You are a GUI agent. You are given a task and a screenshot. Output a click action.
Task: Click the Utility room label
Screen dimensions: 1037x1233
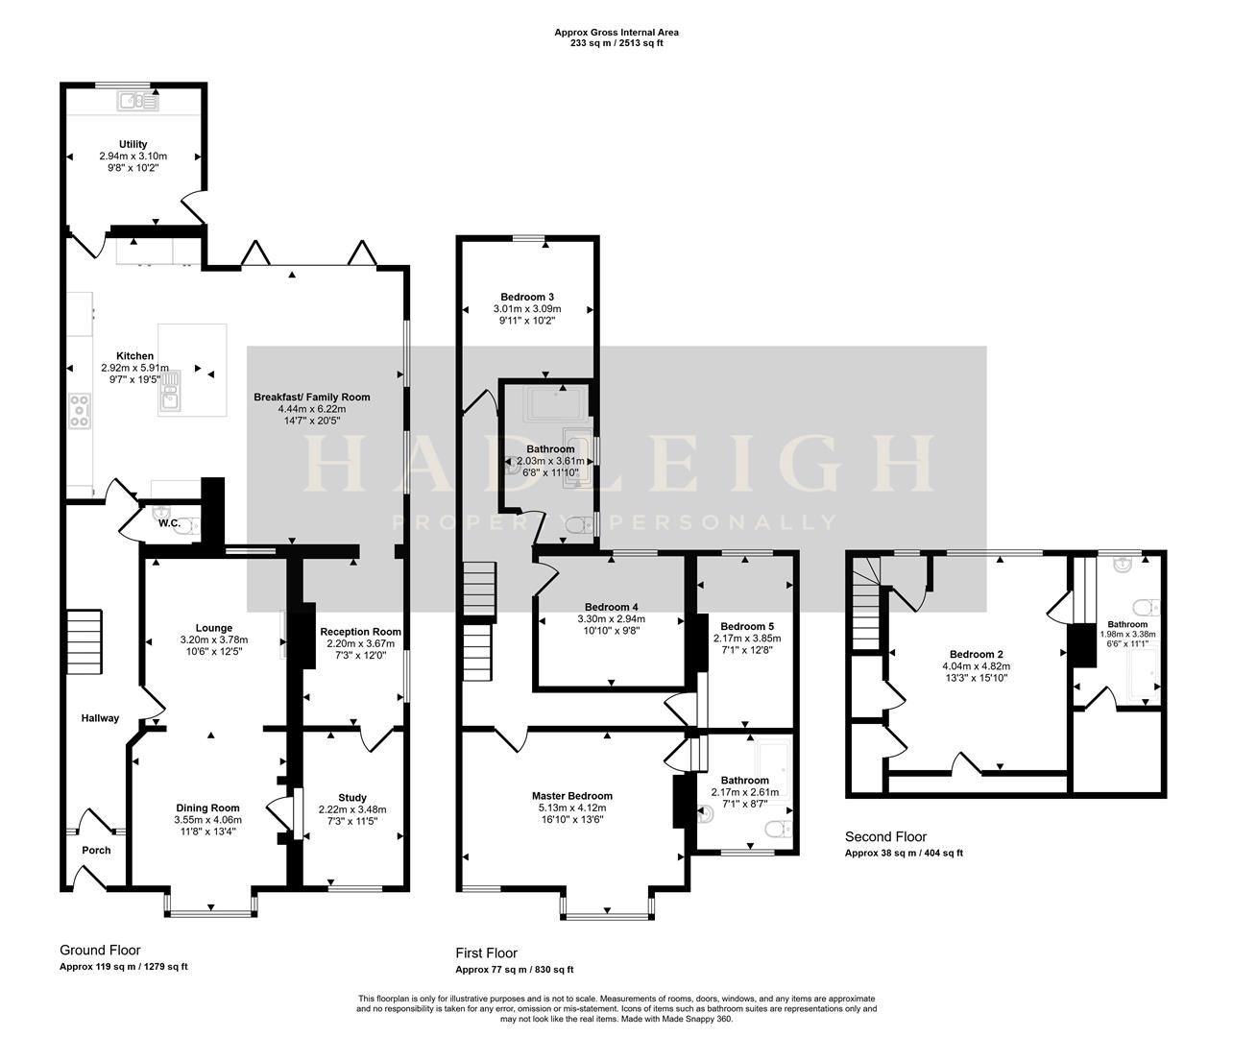(133, 144)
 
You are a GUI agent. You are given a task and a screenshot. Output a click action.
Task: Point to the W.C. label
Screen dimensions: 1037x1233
(170, 523)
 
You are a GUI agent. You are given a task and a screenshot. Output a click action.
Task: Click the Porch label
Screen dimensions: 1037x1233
(96, 850)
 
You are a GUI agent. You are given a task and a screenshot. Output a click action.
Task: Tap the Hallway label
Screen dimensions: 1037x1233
(100, 717)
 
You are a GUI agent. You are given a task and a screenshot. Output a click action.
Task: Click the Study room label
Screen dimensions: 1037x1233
(352, 797)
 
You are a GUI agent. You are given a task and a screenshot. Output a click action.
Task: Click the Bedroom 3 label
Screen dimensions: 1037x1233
(526, 297)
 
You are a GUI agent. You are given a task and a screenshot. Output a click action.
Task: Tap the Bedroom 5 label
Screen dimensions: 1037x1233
(746, 626)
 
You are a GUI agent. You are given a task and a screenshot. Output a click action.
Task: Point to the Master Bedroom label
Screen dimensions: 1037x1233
(571, 796)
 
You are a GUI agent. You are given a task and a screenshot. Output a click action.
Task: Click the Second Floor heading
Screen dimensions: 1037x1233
(885, 837)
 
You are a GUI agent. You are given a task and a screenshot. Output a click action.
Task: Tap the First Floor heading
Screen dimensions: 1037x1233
(486, 953)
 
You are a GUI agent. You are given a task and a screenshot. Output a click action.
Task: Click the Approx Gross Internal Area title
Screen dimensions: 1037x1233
(616, 32)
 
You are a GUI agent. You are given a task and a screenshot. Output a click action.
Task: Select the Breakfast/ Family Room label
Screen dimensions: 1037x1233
(311, 397)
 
